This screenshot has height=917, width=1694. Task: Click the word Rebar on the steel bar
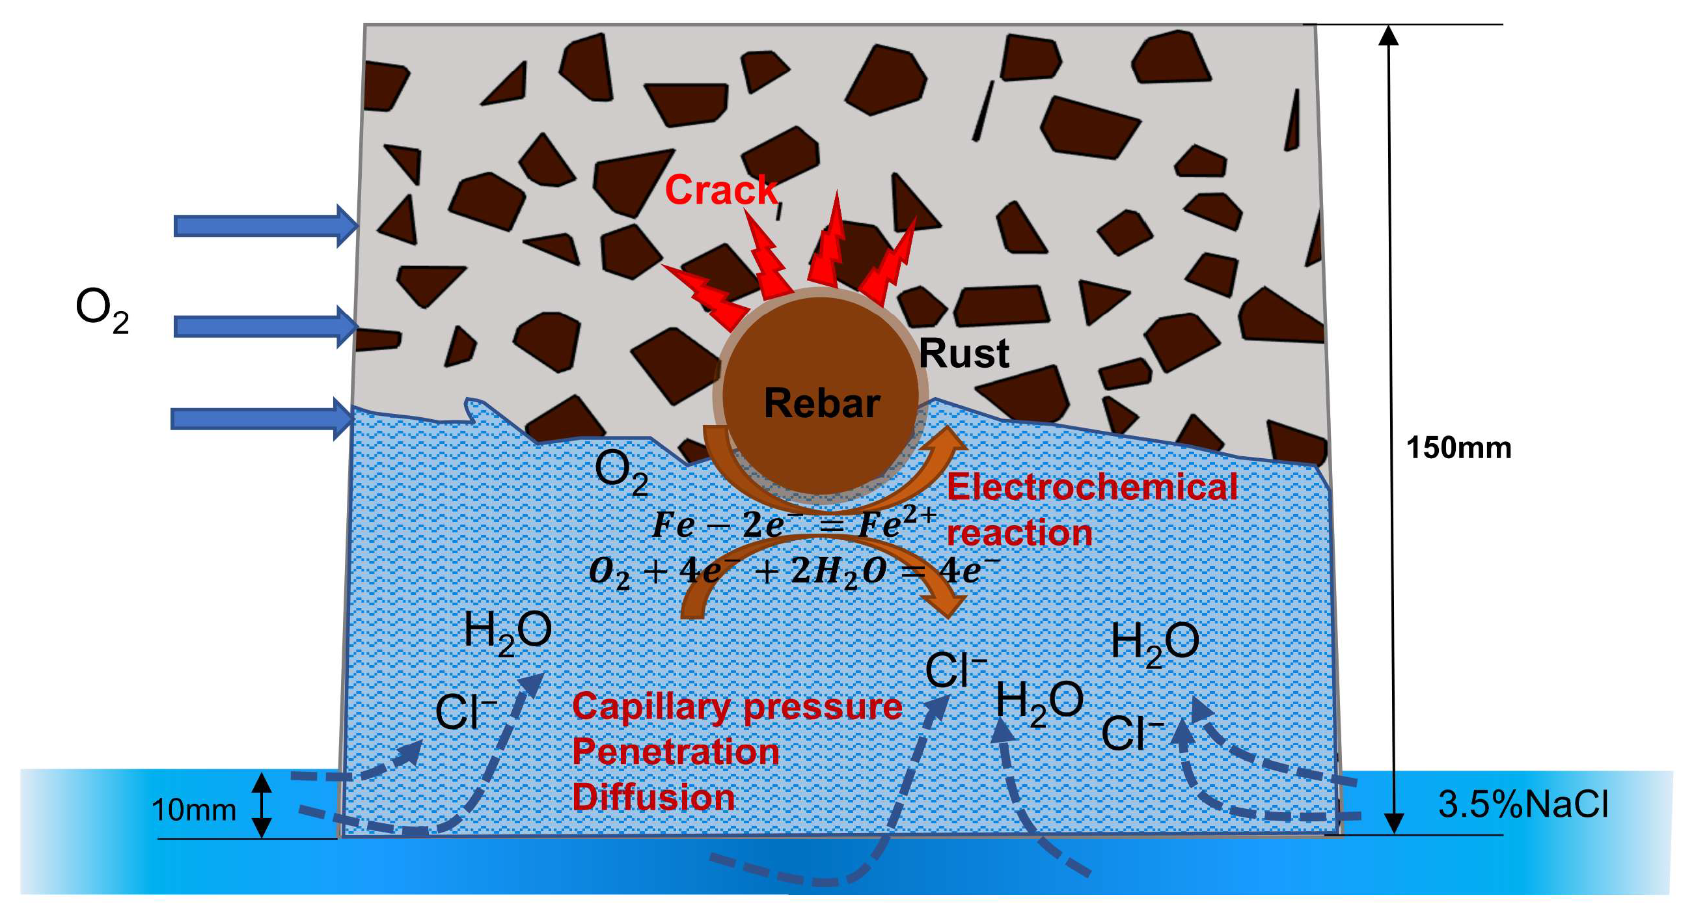click(821, 403)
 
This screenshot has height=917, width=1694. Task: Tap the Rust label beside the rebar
click(963, 354)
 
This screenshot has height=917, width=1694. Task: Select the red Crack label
click(720, 190)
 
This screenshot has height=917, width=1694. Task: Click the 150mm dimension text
click(1458, 448)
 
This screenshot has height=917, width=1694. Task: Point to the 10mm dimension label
click(193, 810)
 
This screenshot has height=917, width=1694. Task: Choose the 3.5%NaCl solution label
click(1522, 804)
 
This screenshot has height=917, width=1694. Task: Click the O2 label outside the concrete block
click(102, 310)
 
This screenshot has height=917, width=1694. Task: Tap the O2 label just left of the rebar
click(621, 473)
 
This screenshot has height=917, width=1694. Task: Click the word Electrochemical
click(1091, 487)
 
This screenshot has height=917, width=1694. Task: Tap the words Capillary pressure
click(737, 707)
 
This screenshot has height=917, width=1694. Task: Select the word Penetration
click(676, 752)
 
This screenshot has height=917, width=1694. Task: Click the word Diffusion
click(653, 797)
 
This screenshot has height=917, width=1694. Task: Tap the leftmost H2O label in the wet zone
click(507, 631)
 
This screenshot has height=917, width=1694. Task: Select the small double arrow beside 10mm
click(262, 804)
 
